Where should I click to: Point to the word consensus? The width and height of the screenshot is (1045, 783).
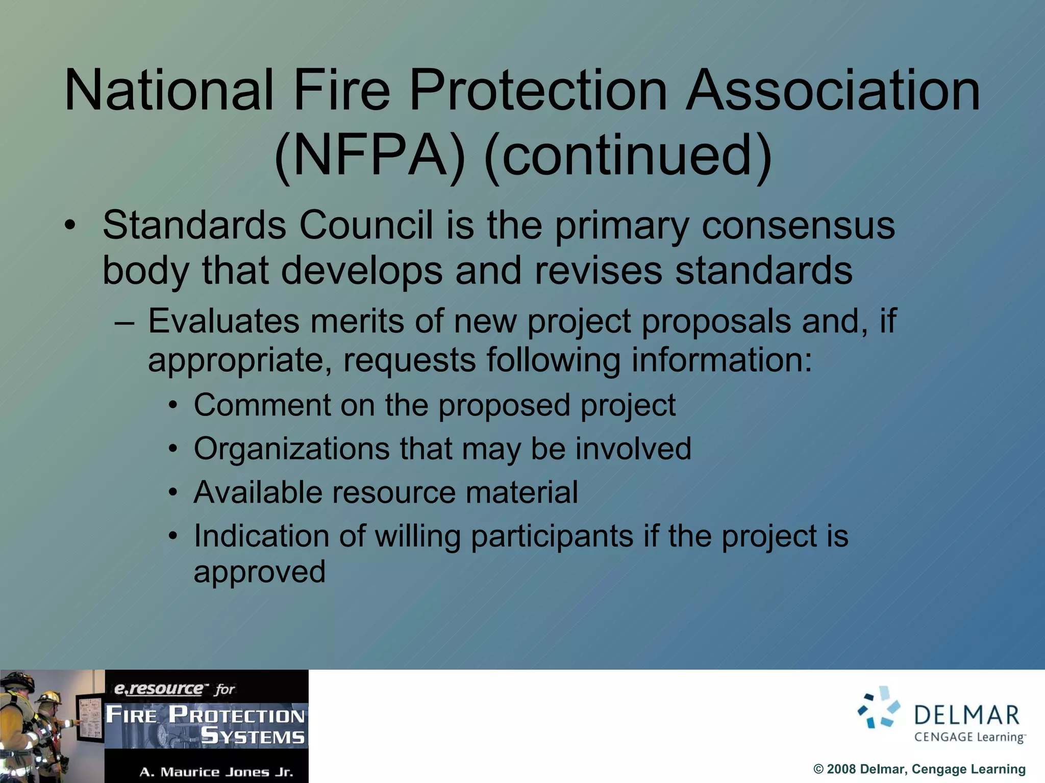coord(798,225)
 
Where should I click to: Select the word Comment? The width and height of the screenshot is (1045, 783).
coord(262,405)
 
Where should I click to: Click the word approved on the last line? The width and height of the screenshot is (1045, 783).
coord(259,572)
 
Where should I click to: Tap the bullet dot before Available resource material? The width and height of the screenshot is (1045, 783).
coord(173,493)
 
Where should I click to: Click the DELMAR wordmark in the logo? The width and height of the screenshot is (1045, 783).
coord(966,715)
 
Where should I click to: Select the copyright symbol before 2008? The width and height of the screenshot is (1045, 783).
coord(818,769)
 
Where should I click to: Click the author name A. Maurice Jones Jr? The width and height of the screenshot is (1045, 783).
coord(216,772)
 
